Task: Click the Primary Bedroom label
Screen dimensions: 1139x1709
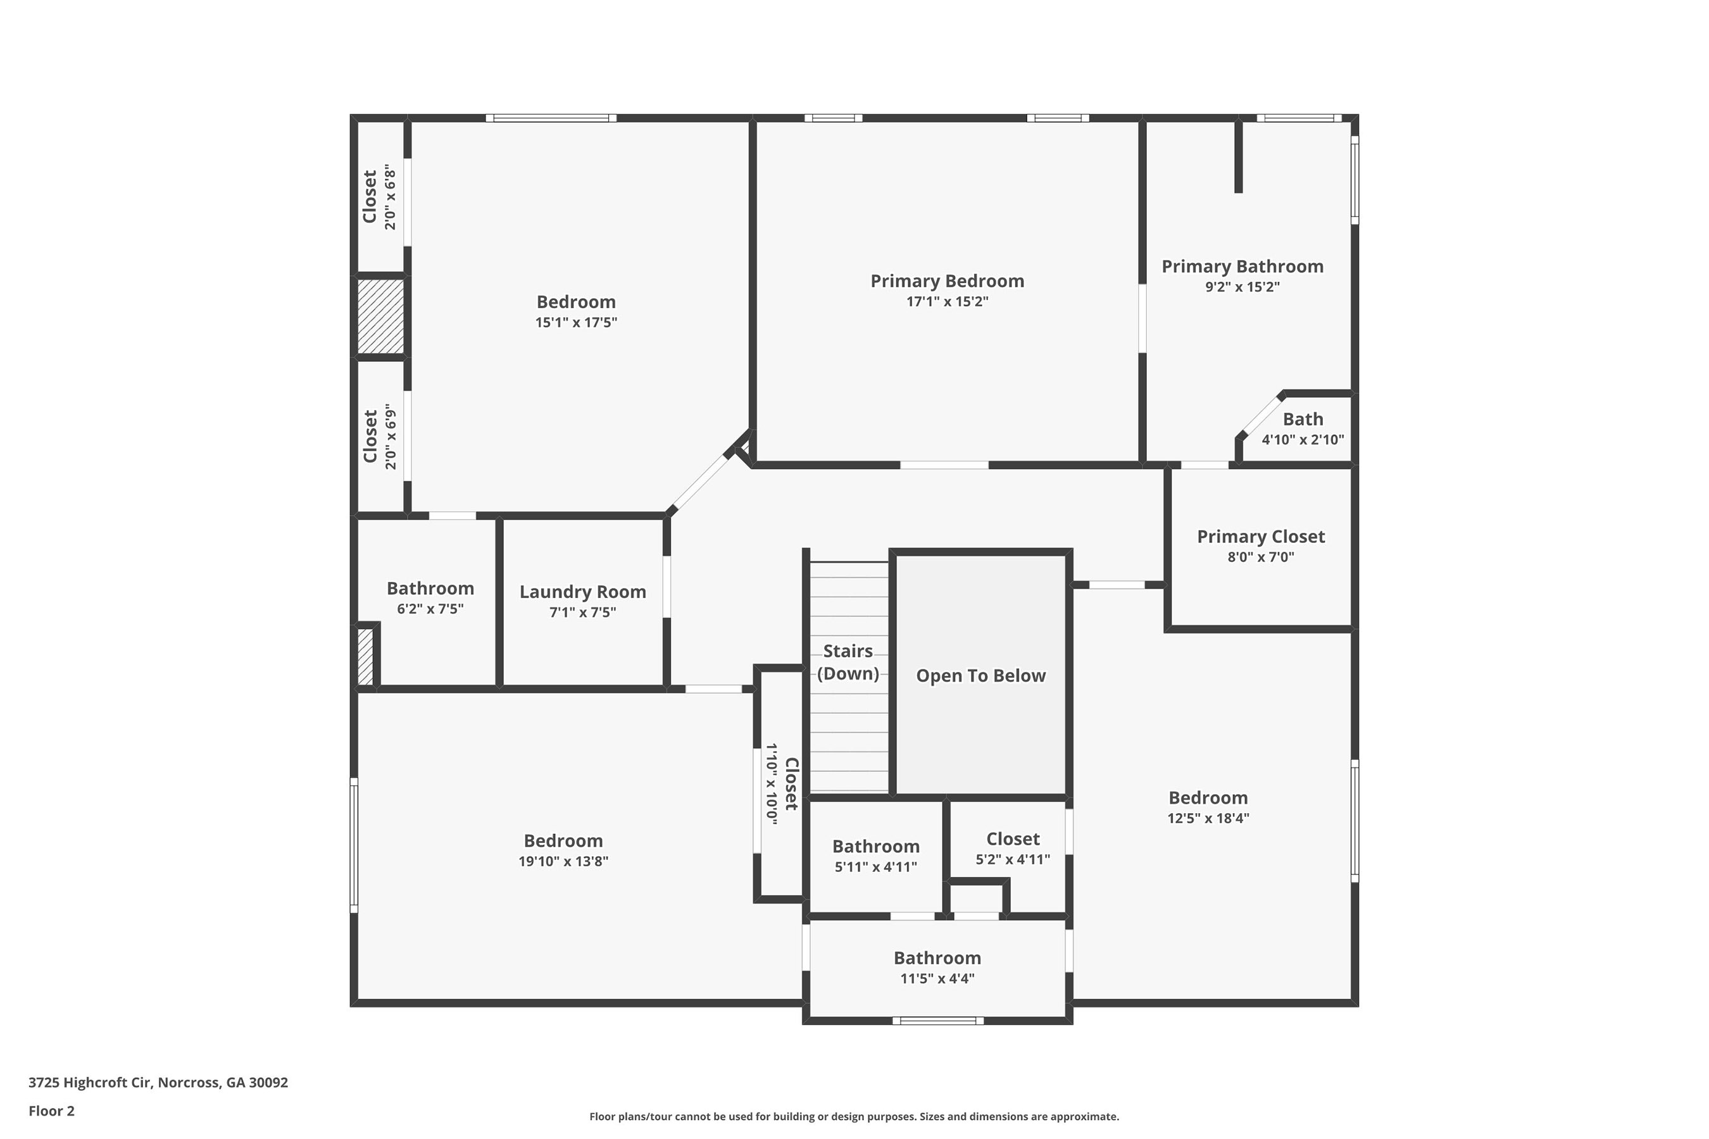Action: (947, 281)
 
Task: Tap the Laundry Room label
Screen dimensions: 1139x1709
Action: (583, 592)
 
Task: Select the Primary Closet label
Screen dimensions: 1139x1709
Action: (1261, 537)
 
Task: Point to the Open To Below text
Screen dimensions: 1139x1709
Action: (980, 676)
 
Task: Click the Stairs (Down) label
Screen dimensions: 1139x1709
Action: (848, 662)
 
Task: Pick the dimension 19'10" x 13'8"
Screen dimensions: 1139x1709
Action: (563, 861)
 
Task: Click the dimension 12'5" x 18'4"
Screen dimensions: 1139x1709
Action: (1208, 818)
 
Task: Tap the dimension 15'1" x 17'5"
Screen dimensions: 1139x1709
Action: (576, 323)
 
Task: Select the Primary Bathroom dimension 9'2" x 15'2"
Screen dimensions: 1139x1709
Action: (1242, 287)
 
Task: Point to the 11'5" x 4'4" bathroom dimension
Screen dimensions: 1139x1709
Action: (937, 978)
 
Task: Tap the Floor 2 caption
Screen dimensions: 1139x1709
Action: (52, 1111)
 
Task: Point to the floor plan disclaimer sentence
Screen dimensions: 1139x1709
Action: (854, 1116)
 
